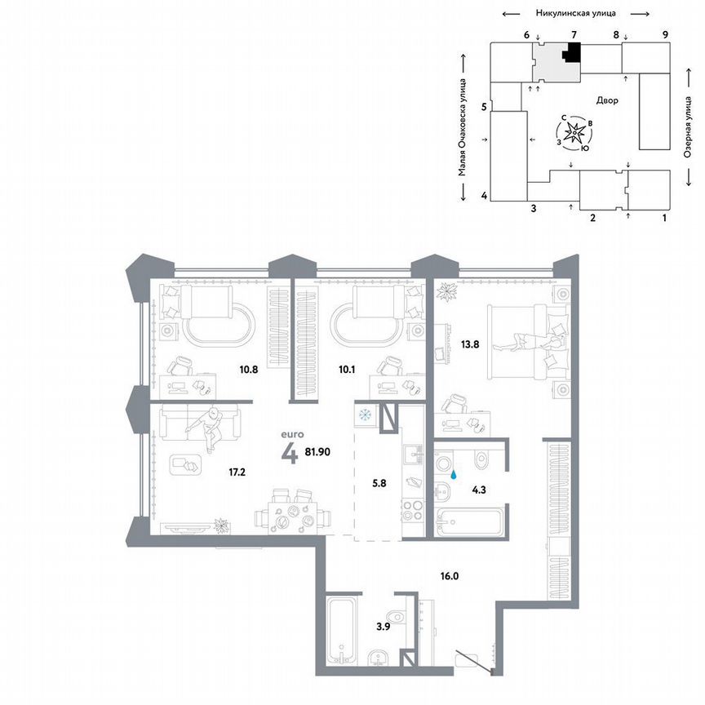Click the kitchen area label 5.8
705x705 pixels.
379,481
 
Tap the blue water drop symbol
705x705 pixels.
455,471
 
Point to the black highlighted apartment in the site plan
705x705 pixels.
573,53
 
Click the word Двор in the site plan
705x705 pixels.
607,100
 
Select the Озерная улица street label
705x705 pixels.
688,130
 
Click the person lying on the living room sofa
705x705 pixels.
211,427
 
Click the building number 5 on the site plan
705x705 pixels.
484,107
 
